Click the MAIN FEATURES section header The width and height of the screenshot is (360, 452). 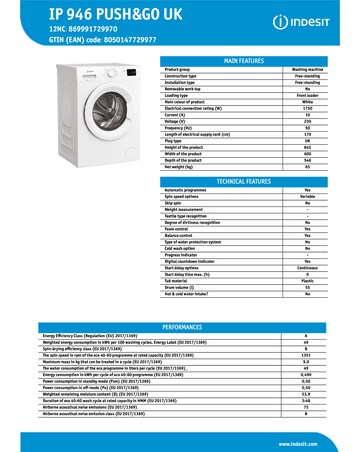[x=244, y=61]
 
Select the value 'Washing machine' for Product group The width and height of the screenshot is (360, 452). [x=306, y=69]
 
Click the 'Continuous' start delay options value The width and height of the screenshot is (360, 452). [x=306, y=240]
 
